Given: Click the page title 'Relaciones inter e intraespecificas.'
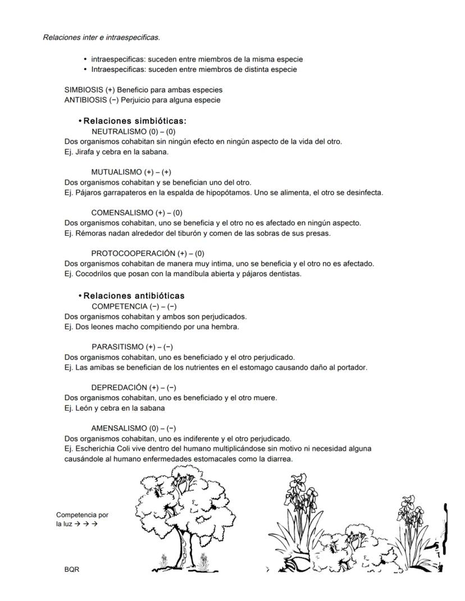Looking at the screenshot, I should pyautogui.click(x=101, y=38).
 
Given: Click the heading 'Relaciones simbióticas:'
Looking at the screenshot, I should pyautogui.click(x=135, y=121).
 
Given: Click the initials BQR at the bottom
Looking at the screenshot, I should pyautogui.click(x=72, y=570).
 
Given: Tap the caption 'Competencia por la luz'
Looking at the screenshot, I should pyautogui.click(x=82, y=519).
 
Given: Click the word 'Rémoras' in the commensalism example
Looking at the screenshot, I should pyautogui.click(x=88, y=233).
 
